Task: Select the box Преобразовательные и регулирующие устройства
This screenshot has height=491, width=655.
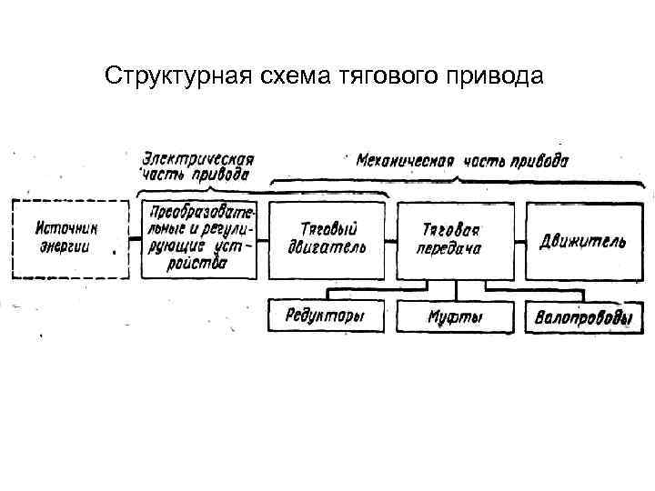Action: point(199,239)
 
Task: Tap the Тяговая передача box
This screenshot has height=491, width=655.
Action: point(455,239)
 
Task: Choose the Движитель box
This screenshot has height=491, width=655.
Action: point(582,239)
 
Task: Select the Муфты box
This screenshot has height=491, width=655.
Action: point(455,317)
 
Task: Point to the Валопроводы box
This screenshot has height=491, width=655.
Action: point(583,318)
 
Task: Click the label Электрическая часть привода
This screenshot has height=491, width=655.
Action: point(196,165)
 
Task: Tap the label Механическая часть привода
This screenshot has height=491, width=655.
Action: point(462,161)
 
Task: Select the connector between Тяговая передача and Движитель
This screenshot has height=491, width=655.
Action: point(520,241)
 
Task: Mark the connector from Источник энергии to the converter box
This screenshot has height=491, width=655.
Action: point(134,241)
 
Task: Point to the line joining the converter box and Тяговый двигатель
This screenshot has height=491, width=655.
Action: point(263,241)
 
